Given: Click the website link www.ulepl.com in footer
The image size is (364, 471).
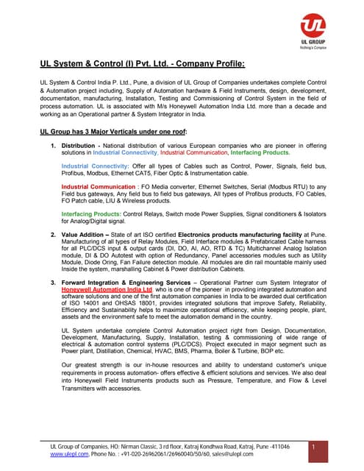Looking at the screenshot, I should point(66,455).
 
